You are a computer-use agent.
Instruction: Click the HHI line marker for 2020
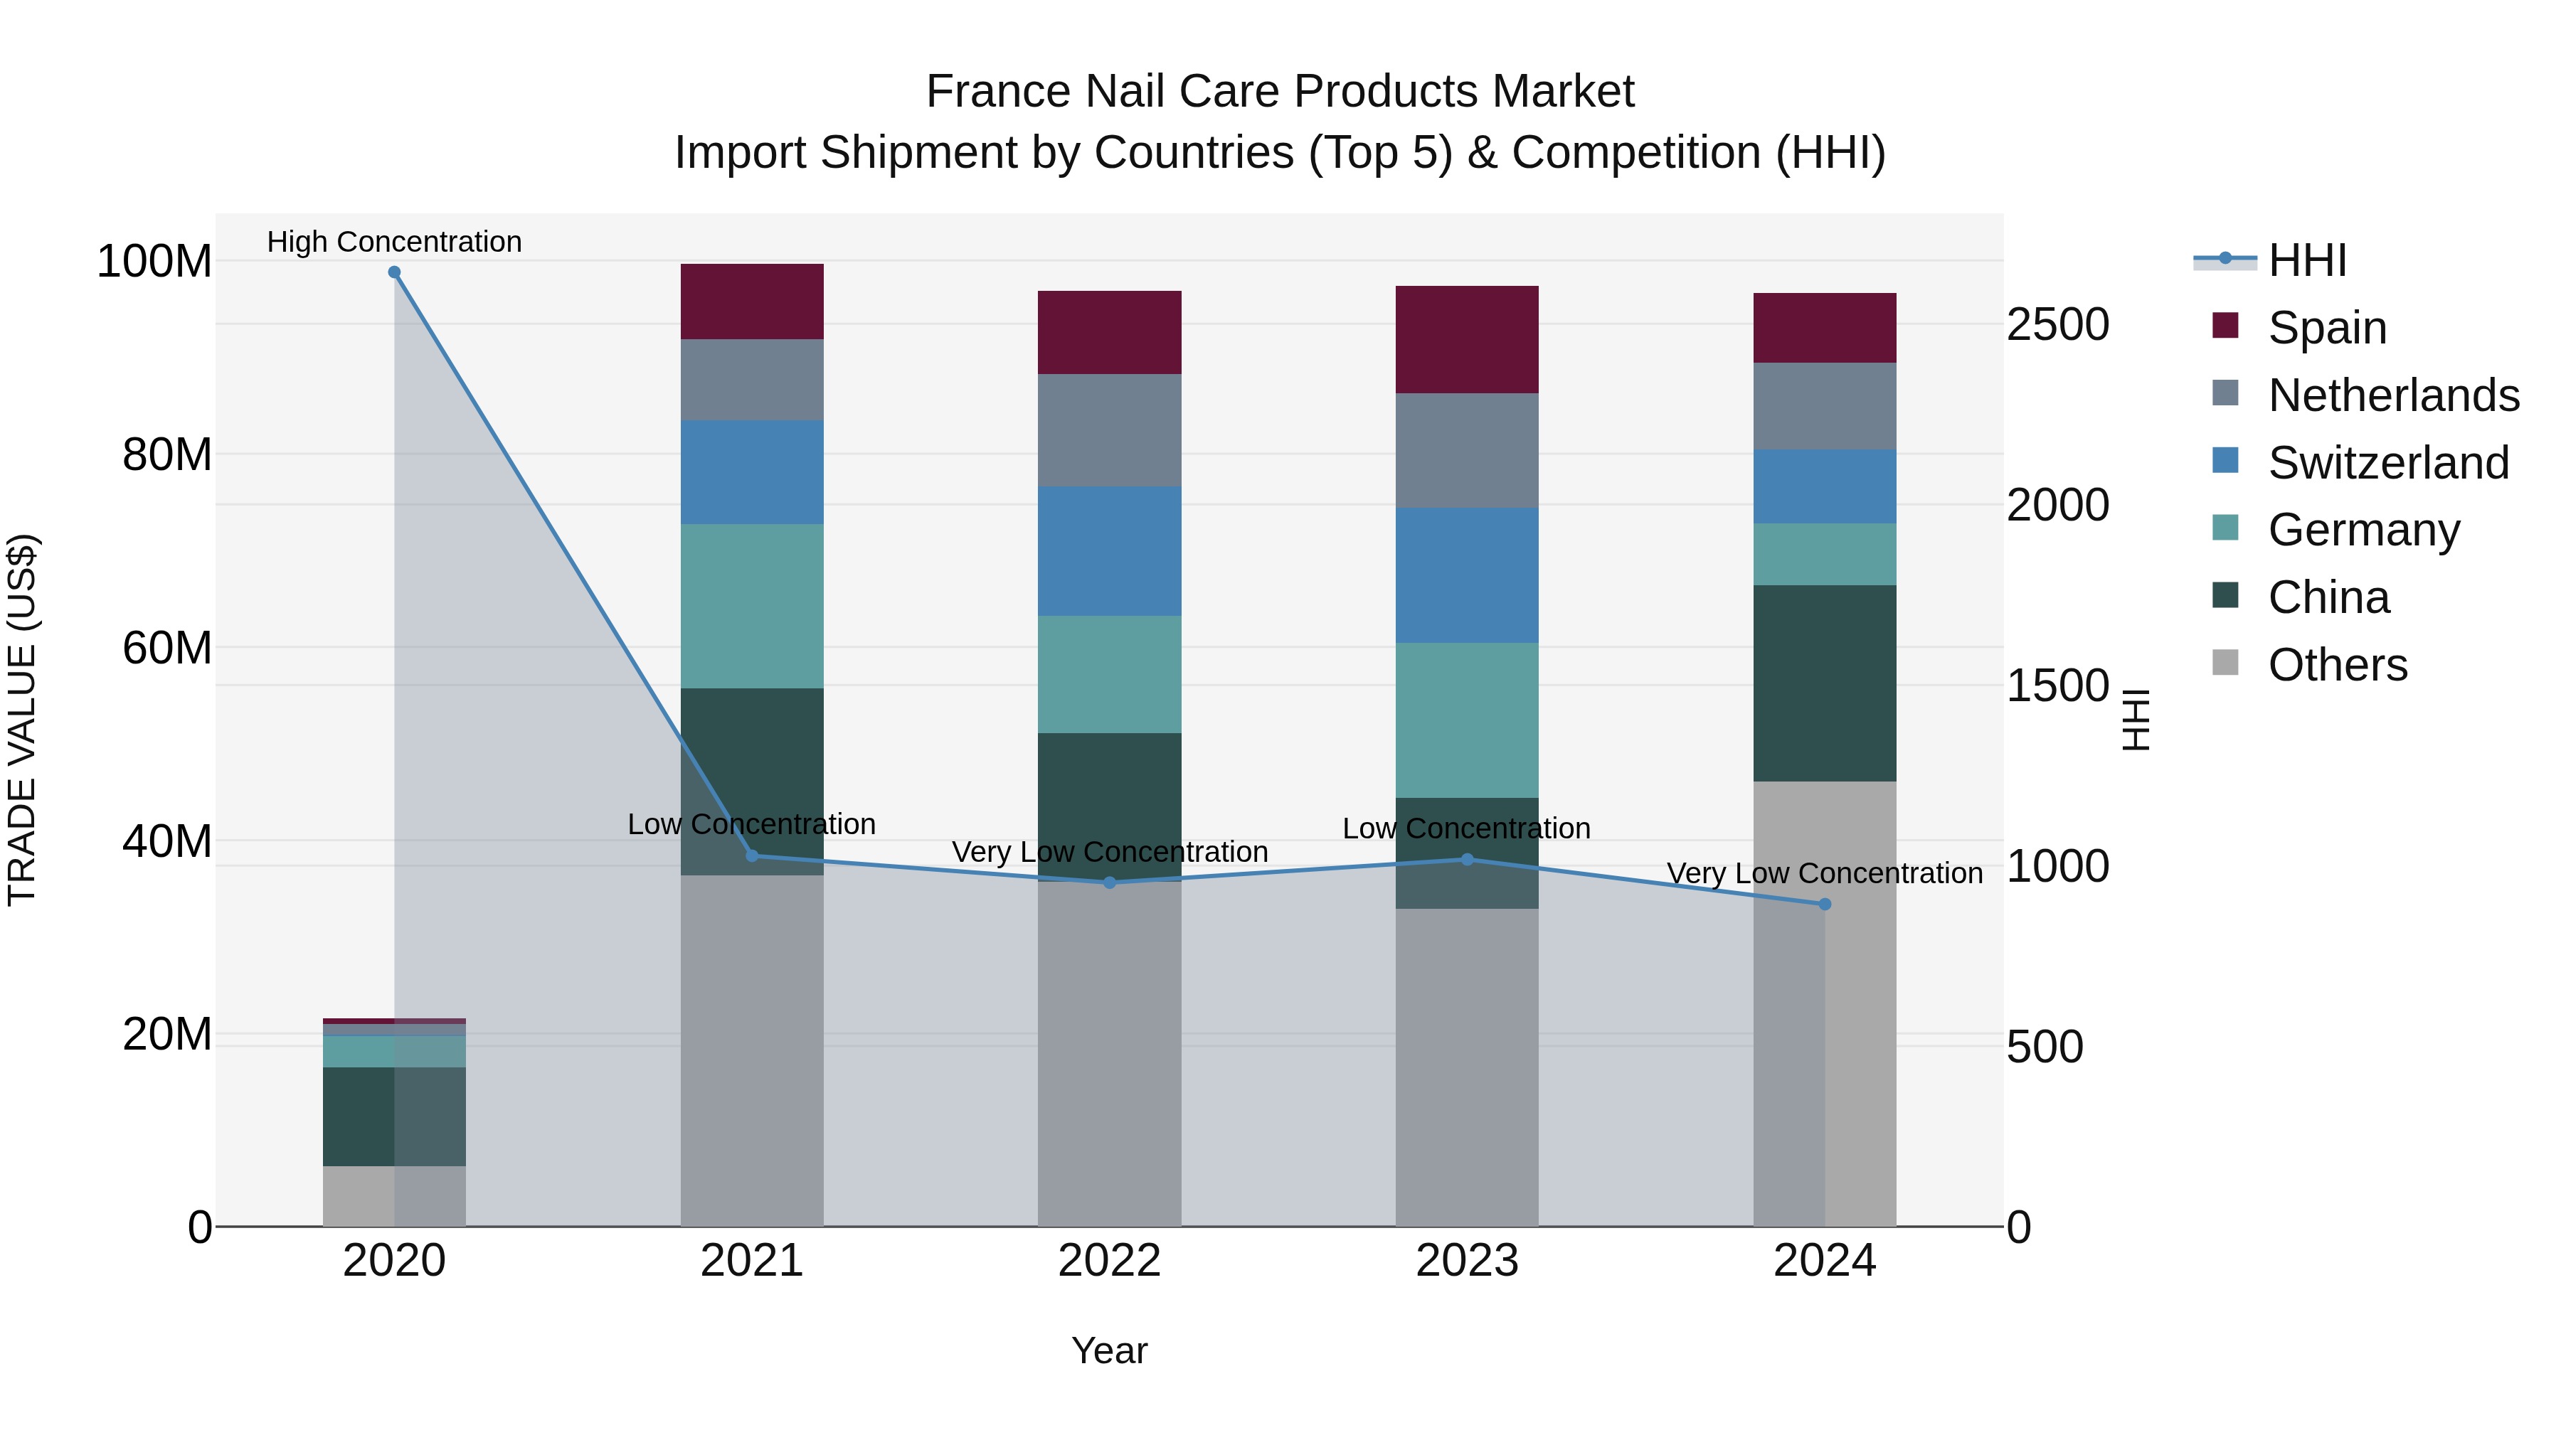coord(395,272)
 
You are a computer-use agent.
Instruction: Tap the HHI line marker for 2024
coord(1824,905)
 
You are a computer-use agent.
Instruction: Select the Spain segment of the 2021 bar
coord(752,302)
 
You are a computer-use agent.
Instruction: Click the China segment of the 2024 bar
coord(1824,683)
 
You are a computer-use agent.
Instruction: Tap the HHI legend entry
coord(2306,260)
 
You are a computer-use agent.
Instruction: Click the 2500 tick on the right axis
coord(2057,325)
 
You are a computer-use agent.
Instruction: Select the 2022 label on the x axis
coord(1110,1261)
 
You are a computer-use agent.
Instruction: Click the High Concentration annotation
coord(395,242)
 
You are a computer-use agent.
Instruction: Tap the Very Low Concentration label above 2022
coord(1110,852)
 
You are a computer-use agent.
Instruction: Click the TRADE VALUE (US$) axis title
coord(23,720)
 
